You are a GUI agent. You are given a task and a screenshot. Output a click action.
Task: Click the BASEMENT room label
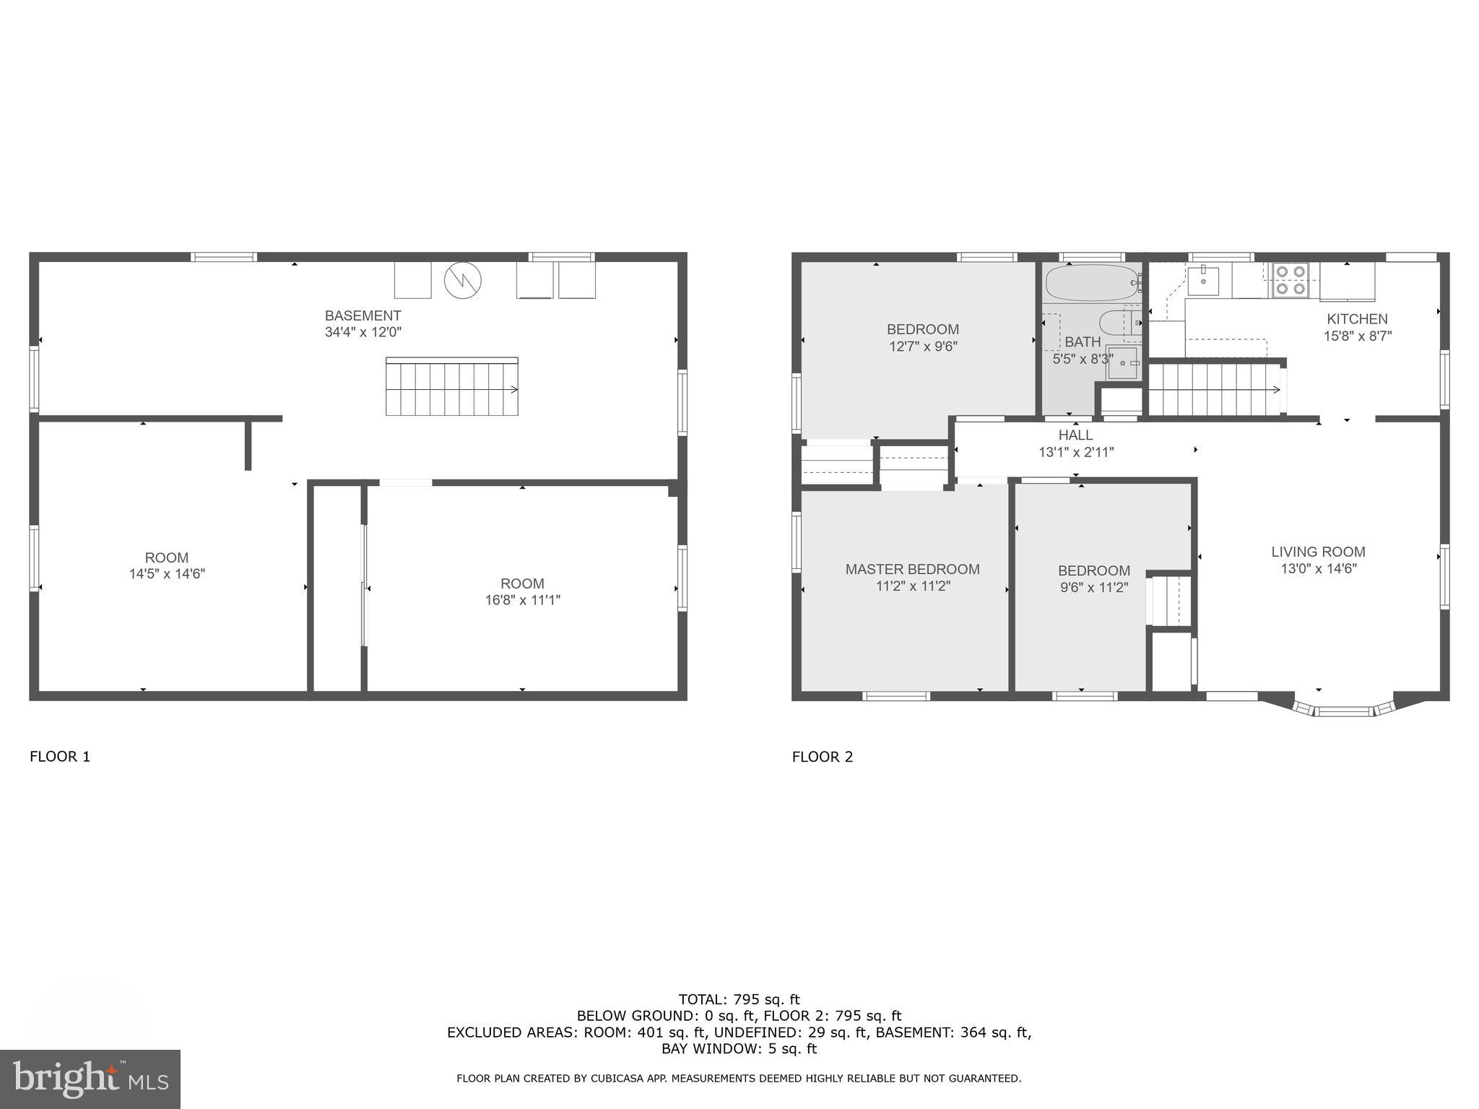click(363, 316)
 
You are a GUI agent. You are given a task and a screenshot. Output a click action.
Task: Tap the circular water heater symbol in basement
click(462, 280)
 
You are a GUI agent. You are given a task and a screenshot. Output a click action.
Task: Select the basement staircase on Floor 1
click(451, 387)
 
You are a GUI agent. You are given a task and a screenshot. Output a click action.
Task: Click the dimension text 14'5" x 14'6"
click(167, 574)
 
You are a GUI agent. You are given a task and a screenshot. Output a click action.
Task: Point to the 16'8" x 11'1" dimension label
click(522, 600)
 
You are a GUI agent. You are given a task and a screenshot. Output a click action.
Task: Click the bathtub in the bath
click(1091, 282)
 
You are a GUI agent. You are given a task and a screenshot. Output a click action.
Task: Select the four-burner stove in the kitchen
click(1291, 280)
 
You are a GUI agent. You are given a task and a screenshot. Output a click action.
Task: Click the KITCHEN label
click(1357, 319)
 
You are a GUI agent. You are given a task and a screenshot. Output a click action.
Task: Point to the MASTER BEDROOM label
click(912, 569)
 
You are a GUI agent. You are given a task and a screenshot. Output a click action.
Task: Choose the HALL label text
click(1075, 435)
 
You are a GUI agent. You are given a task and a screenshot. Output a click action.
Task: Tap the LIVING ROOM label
click(1318, 552)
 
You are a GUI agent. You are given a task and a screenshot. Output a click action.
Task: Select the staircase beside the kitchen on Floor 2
click(1215, 390)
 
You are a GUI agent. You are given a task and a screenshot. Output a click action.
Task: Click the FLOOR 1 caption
click(60, 757)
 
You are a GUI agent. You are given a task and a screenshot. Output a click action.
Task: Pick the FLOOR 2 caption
click(823, 757)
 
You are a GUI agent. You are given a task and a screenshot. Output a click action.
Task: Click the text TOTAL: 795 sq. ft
click(739, 999)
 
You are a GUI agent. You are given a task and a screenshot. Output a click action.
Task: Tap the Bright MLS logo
click(90, 1079)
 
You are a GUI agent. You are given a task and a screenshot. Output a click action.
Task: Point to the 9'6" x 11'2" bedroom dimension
click(1093, 588)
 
